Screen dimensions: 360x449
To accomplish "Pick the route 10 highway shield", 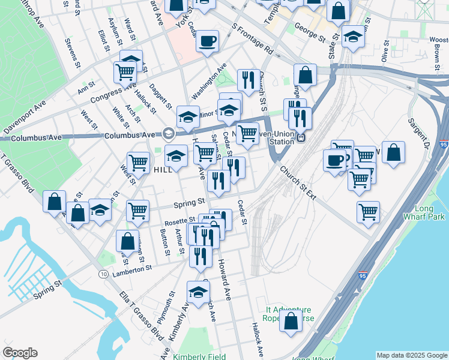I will point(104,274).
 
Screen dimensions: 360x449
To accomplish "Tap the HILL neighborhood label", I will point(163,170).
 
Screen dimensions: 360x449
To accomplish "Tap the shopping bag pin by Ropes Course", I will point(291,320).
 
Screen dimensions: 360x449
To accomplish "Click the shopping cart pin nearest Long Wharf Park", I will point(368,212).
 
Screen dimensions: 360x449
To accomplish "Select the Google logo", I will point(19,353).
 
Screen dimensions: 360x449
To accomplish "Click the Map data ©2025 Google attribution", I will point(411,355).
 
